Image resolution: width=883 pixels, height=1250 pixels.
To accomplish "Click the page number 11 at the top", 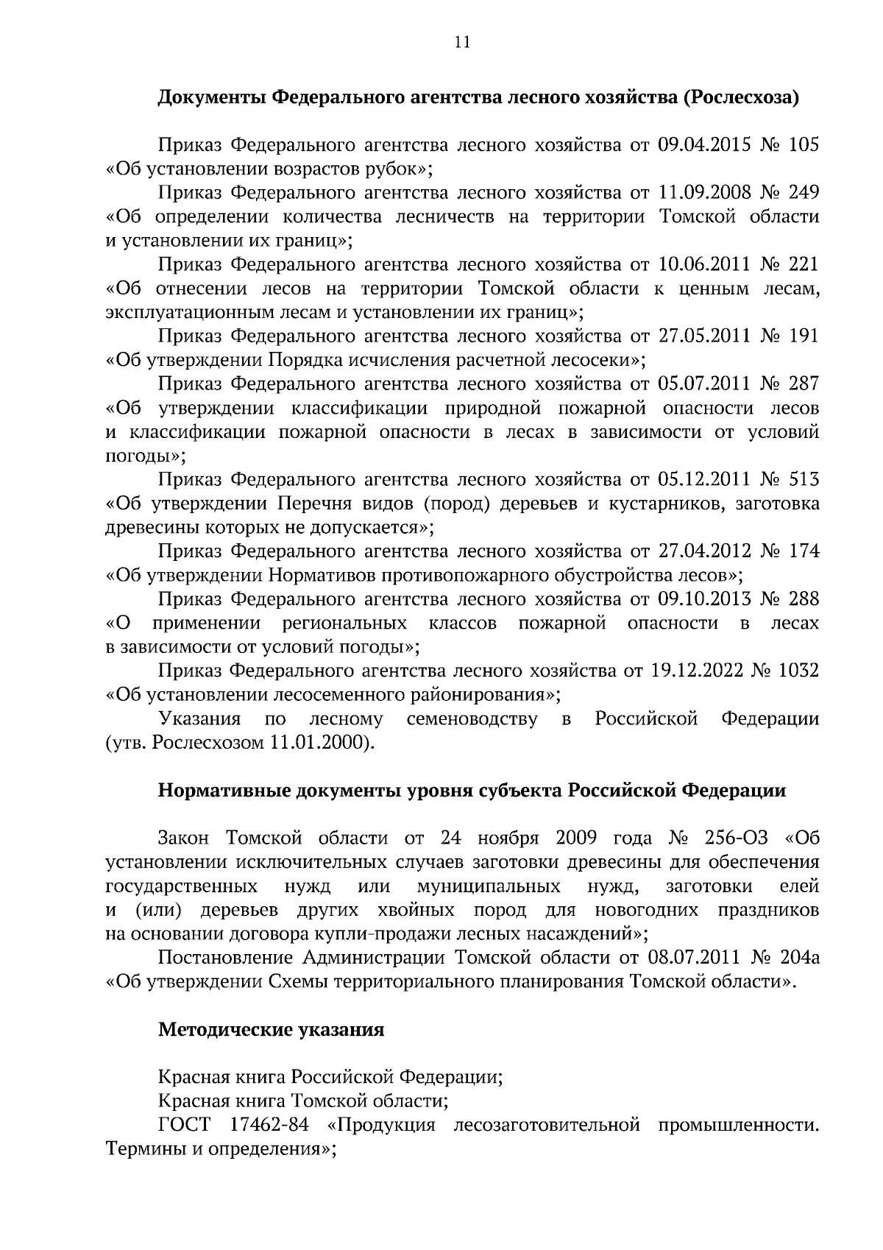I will pos(461,42).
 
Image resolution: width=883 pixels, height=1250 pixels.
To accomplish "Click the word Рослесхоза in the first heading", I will pos(742,97).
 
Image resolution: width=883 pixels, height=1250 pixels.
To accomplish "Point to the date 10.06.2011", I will pos(695,264).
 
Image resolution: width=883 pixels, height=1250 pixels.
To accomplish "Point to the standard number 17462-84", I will pos(267,1125).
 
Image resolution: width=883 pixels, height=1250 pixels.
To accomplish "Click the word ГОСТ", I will pos(184,1125).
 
